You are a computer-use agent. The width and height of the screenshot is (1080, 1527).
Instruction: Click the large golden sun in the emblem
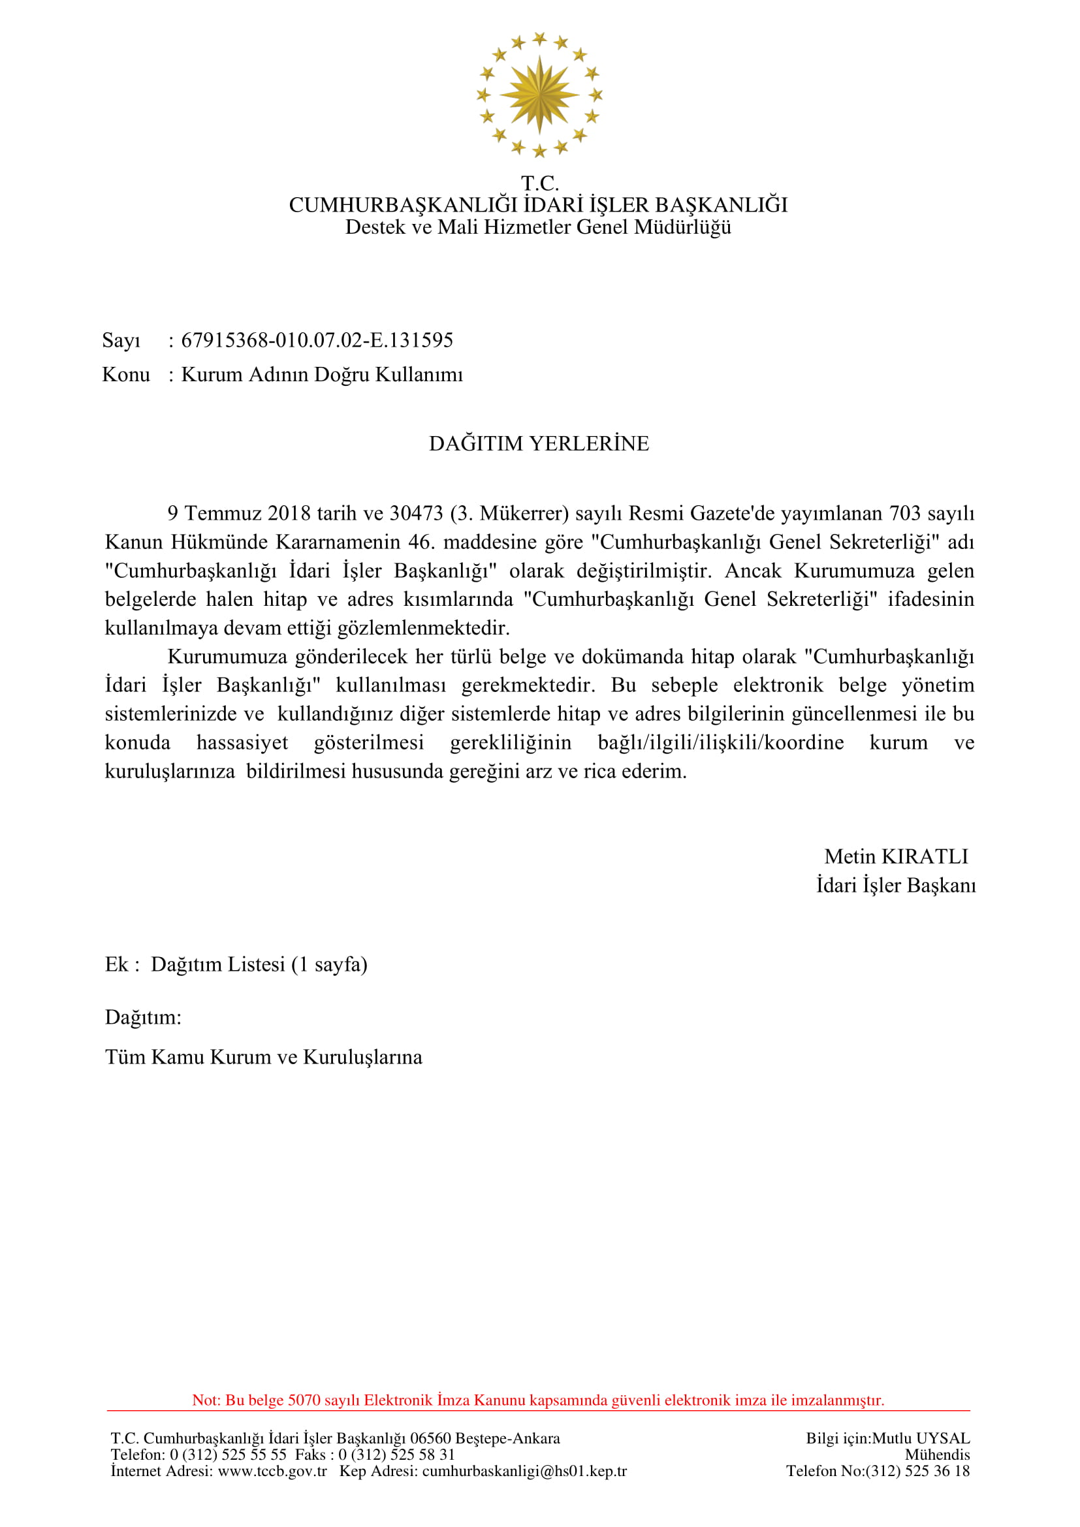pos(539,95)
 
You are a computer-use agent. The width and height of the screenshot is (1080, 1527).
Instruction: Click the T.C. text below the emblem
pos(539,183)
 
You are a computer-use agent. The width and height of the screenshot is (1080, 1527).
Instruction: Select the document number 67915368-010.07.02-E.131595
pos(317,341)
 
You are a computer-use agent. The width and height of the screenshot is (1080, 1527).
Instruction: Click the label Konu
pos(125,375)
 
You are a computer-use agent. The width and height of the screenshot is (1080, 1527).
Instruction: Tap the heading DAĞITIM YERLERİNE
pos(539,443)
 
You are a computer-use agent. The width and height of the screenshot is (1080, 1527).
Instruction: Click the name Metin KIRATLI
pos(896,857)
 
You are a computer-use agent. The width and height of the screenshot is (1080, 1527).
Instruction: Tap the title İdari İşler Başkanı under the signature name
pos(896,886)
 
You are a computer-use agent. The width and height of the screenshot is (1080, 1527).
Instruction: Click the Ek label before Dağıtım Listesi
pos(116,964)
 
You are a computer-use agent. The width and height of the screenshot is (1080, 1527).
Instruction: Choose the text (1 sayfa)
pos(329,964)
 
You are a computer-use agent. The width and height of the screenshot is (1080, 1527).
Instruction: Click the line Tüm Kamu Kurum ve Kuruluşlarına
pos(263,1058)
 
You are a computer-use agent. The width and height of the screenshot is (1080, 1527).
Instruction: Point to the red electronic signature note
pos(538,1400)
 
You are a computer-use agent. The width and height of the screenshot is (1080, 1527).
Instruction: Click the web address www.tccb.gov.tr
pos(272,1471)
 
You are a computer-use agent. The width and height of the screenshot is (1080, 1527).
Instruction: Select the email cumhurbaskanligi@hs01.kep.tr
pos(524,1471)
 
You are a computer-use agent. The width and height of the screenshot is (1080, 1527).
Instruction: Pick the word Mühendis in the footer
pos(937,1455)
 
